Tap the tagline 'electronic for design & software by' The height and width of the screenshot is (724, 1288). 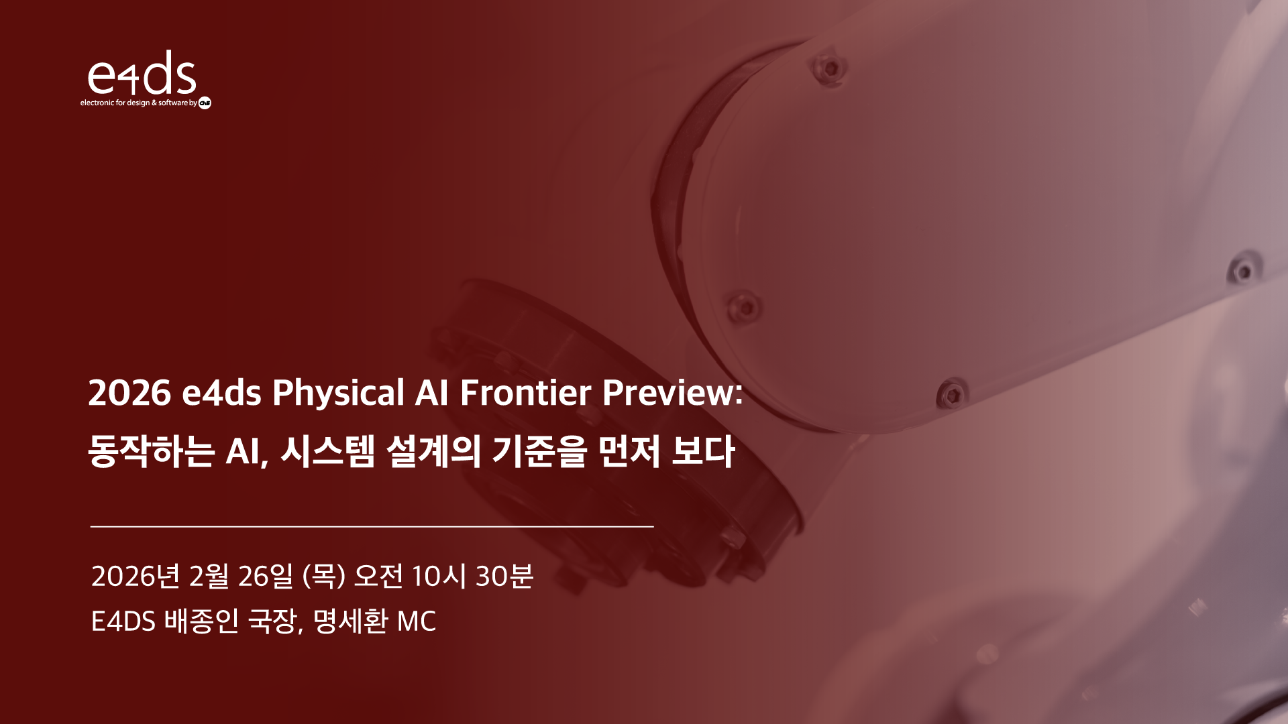point(139,103)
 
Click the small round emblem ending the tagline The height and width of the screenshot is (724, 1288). point(205,103)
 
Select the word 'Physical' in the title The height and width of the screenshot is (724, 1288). point(338,393)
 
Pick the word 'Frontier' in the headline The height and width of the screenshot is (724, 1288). point(526,392)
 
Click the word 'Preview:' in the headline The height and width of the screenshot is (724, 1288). point(673,392)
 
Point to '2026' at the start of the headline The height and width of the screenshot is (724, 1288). point(129,393)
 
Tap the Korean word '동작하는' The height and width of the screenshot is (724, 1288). point(152,451)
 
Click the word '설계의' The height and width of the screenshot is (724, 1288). point(433,451)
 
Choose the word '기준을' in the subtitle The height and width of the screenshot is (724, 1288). point(539,451)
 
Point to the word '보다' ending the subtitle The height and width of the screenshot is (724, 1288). point(703,451)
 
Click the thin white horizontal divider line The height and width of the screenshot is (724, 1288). point(372,527)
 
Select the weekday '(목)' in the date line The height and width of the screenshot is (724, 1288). point(323,576)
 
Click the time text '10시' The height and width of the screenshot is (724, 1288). point(439,576)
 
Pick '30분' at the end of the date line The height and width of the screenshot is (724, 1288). point(504,576)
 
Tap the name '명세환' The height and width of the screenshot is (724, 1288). point(350,621)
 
